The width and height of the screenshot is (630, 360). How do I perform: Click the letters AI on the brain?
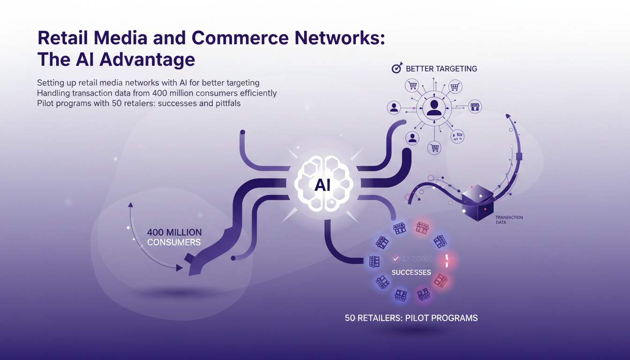(x=322, y=185)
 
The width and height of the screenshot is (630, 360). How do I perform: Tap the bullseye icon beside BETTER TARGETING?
(x=397, y=68)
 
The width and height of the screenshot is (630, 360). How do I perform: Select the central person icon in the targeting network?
(x=434, y=108)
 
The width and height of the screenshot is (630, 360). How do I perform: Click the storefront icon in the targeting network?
(x=475, y=107)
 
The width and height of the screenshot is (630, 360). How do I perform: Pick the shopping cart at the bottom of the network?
(x=435, y=148)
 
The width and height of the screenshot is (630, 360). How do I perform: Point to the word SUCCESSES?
(x=411, y=272)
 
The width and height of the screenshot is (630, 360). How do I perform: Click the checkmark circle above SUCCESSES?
(x=396, y=258)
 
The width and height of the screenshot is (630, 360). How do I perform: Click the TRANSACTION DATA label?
(x=509, y=220)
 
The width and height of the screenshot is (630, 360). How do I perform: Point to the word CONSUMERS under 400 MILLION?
(x=173, y=242)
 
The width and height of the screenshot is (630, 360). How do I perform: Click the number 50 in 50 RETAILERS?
(x=350, y=318)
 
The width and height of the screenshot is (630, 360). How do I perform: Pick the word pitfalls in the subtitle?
(x=228, y=103)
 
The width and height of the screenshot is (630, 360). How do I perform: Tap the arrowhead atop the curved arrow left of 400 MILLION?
(x=130, y=204)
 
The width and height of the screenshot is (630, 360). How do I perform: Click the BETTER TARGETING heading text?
(x=441, y=68)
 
